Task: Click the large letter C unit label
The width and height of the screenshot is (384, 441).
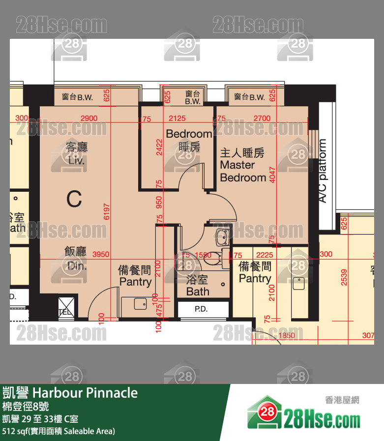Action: coord(74,199)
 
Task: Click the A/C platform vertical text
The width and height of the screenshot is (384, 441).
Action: coord(323,171)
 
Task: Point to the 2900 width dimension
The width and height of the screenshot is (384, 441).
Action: coord(89,118)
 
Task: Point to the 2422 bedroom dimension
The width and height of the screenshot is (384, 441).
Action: coord(159,147)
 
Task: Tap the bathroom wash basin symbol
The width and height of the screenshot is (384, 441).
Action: coord(222,236)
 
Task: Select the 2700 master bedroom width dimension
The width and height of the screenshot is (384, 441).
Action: coord(262,118)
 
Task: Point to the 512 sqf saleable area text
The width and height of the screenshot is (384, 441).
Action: coord(59,431)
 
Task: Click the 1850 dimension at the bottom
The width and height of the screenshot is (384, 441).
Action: coord(287,336)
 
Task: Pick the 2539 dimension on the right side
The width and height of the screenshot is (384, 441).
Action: coord(344,277)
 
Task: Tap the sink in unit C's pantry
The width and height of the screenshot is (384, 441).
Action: coord(140,304)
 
